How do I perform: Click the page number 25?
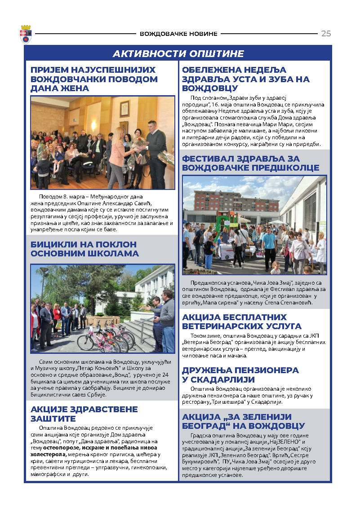coord(326,34)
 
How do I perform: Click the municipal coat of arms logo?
coord(26,34)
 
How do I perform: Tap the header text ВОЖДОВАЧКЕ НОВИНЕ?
coord(178,34)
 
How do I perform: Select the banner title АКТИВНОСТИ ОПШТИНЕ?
coord(178,54)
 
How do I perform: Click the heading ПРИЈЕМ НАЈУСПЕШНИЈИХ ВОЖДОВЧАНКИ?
coord(94,79)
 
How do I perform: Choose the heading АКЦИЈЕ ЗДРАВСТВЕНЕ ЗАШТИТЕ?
coord(84,414)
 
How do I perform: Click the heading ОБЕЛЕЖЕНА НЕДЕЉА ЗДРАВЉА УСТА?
coord(246,79)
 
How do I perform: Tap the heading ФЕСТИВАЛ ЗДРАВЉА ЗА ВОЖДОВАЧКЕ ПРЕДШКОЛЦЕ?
coord(251,163)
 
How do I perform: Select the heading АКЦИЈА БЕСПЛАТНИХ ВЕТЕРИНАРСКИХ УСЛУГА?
coord(242,322)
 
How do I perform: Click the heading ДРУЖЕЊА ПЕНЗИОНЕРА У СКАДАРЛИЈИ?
coord(240,374)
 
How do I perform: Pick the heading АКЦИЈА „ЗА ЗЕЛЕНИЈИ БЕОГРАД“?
coord(244,421)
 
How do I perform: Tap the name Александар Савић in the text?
coord(142,203)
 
